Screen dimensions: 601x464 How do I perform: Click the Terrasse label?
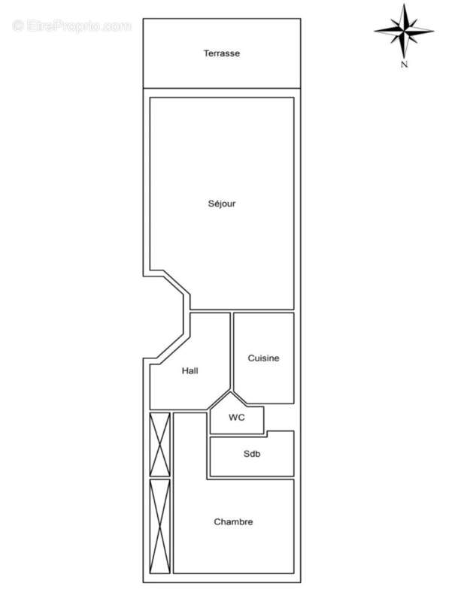point(221,53)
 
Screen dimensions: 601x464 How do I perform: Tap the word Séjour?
point(222,204)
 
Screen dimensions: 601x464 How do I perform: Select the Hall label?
point(190,370)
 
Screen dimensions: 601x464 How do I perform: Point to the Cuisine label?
point(263,358)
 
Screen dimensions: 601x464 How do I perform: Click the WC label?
point(236,417)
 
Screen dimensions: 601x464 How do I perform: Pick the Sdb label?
point(251,454)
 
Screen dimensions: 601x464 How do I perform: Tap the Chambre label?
point(233,522)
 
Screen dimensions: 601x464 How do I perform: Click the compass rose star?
point(404,32)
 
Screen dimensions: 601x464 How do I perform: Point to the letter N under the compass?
point(404,65)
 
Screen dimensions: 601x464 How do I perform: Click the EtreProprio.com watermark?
point(71,26)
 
